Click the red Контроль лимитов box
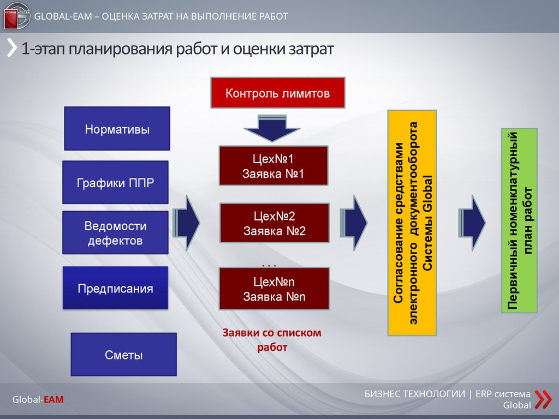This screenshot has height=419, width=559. tap(278, 93)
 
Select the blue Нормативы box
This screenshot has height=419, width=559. tap(117, 129)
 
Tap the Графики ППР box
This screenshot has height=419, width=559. tap(115, 183)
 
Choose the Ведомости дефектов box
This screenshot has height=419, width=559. tap(115, 232)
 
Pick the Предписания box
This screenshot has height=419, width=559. tap(115, 288)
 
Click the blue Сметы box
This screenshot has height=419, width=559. tap(124, 355)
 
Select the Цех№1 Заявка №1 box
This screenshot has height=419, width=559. tap(273, 166)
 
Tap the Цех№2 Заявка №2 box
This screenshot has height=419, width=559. tap(275, 223)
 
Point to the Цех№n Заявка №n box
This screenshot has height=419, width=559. tap(275, 289)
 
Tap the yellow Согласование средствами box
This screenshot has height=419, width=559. tap(412, 223)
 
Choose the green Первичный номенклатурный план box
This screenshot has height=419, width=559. tap(519, 220)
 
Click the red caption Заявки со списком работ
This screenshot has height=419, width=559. tap(272, 339)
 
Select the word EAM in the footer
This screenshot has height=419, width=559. tap(54, 400)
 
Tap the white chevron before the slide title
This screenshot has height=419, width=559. tap(12, 48)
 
